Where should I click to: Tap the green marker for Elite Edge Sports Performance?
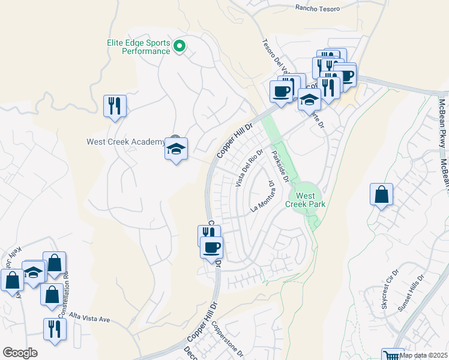[x=179, y=46]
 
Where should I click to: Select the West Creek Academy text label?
[x=125, y=142]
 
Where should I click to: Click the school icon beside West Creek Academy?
[x=176, y=149]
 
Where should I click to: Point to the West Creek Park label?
[x=306, y=200]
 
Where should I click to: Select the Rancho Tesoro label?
[x=318, y=8]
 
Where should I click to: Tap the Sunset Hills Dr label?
[x=411, y=293]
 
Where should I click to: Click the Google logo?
[x=20, y=353]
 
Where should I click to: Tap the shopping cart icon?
[x=393, y=355]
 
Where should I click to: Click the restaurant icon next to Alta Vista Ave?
[x=55, y=329]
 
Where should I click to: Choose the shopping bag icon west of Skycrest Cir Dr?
[x=381, y=194]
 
